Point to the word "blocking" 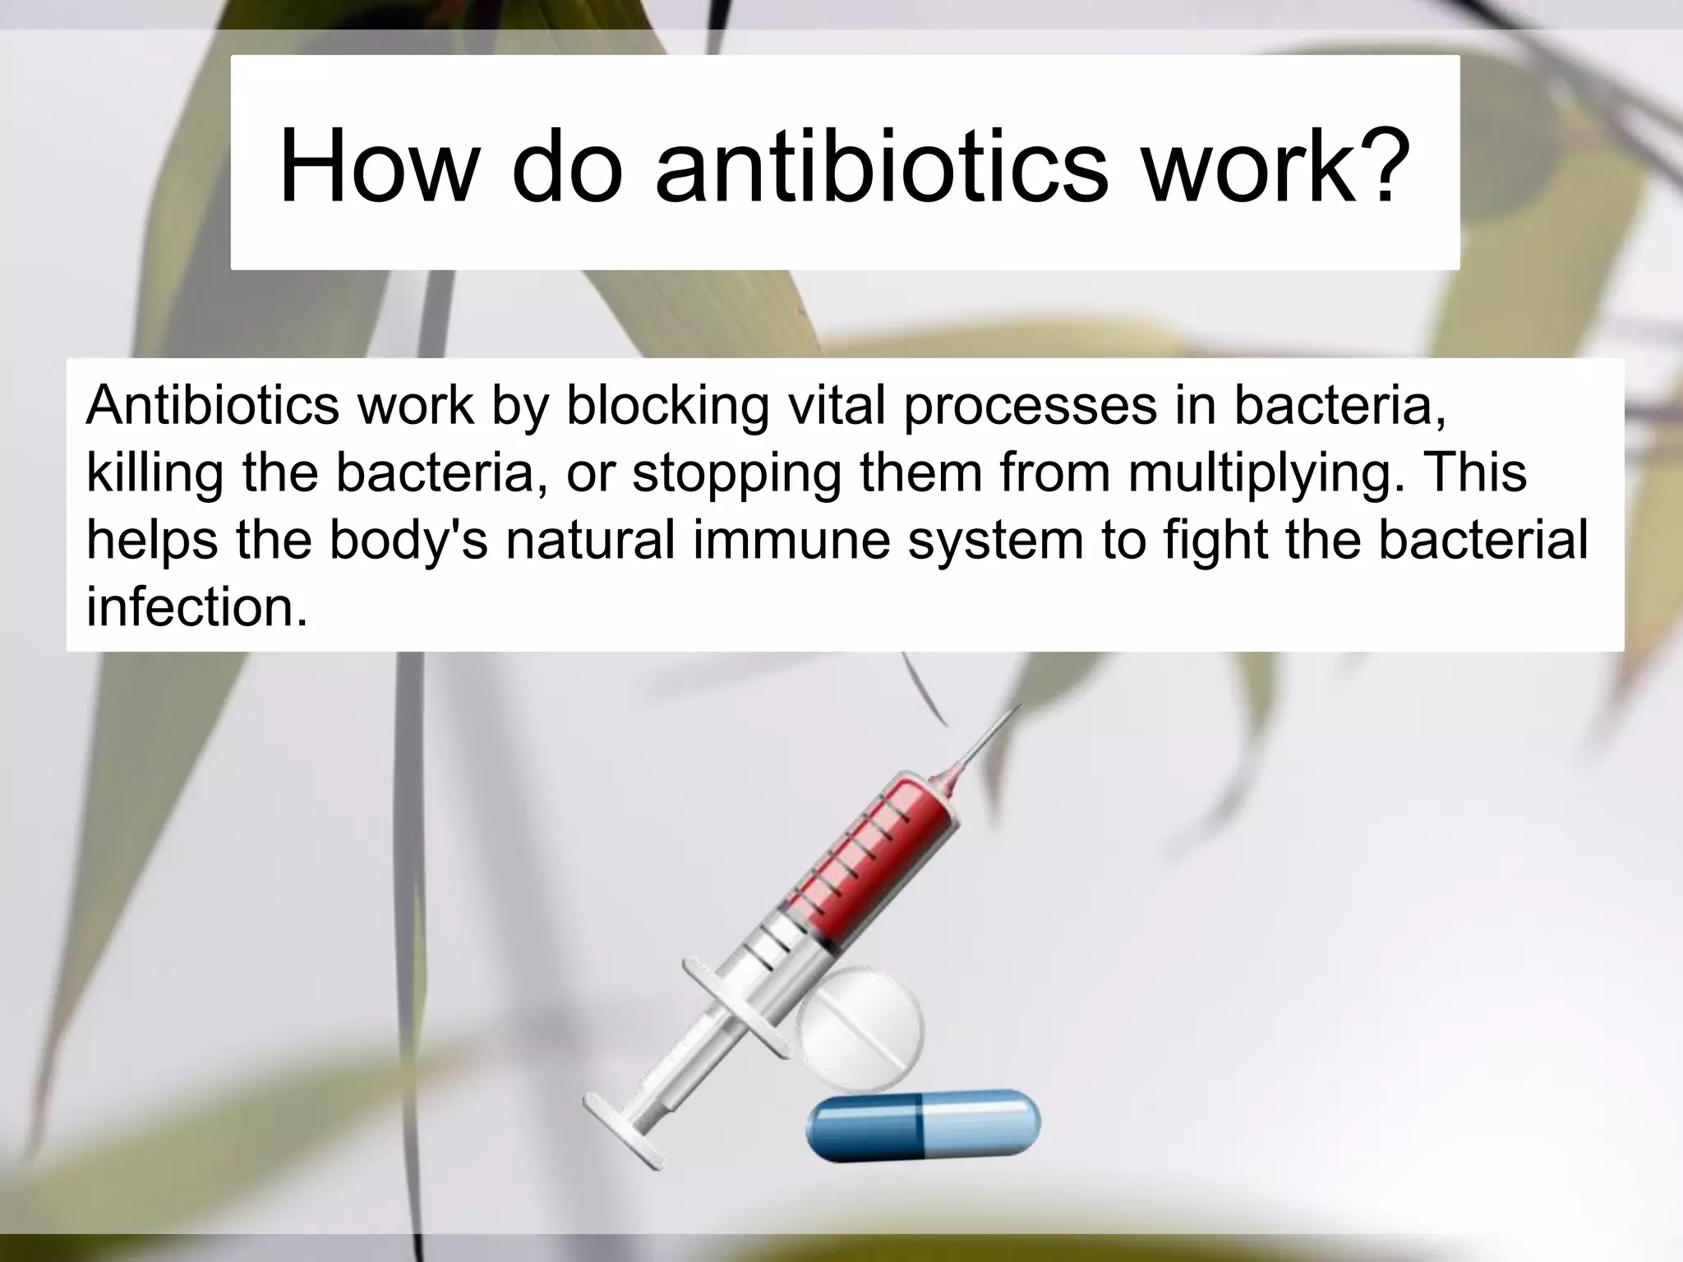point(667,406)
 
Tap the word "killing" point(154,474)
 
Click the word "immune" point(791,541)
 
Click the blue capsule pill point(923,1125)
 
